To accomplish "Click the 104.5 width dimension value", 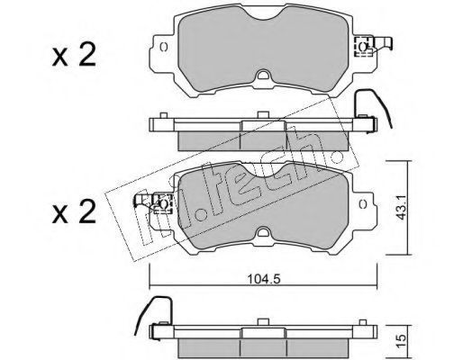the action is click(263, 279).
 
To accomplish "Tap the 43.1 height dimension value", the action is click(402, 207).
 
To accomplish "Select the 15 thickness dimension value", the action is click(402, 339).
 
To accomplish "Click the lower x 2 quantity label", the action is click(74, 211).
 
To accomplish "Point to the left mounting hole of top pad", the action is click(164, 47).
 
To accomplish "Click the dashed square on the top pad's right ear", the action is click(363, 47).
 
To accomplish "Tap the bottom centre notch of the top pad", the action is click(263, 75).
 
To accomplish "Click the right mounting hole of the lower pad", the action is click(363, 204).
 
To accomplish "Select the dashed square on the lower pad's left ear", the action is click(162, 203).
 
